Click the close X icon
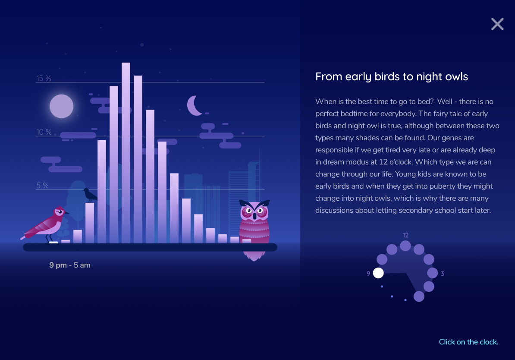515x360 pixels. [x=497, y=24]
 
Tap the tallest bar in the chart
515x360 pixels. [x=126, y=153]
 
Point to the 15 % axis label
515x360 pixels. [x=44, y=78]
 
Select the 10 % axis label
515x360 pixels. [x=44, y=132]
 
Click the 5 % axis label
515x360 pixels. [x=42, y=186]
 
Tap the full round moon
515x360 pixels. [x=61, y=106]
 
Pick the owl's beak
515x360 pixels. [x=254, y=216]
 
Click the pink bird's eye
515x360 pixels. [x=60, y=212]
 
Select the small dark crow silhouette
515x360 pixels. [x=90, y=195]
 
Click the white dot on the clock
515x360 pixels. [x=378, y=273]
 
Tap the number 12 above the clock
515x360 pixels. [x=405, y=235]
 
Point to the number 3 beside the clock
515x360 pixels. [x=443, y=274]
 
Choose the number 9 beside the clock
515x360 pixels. [x=368, y=274]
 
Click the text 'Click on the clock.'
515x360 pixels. [x=469, y=342]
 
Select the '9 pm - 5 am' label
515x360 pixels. [x=69, y=265]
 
